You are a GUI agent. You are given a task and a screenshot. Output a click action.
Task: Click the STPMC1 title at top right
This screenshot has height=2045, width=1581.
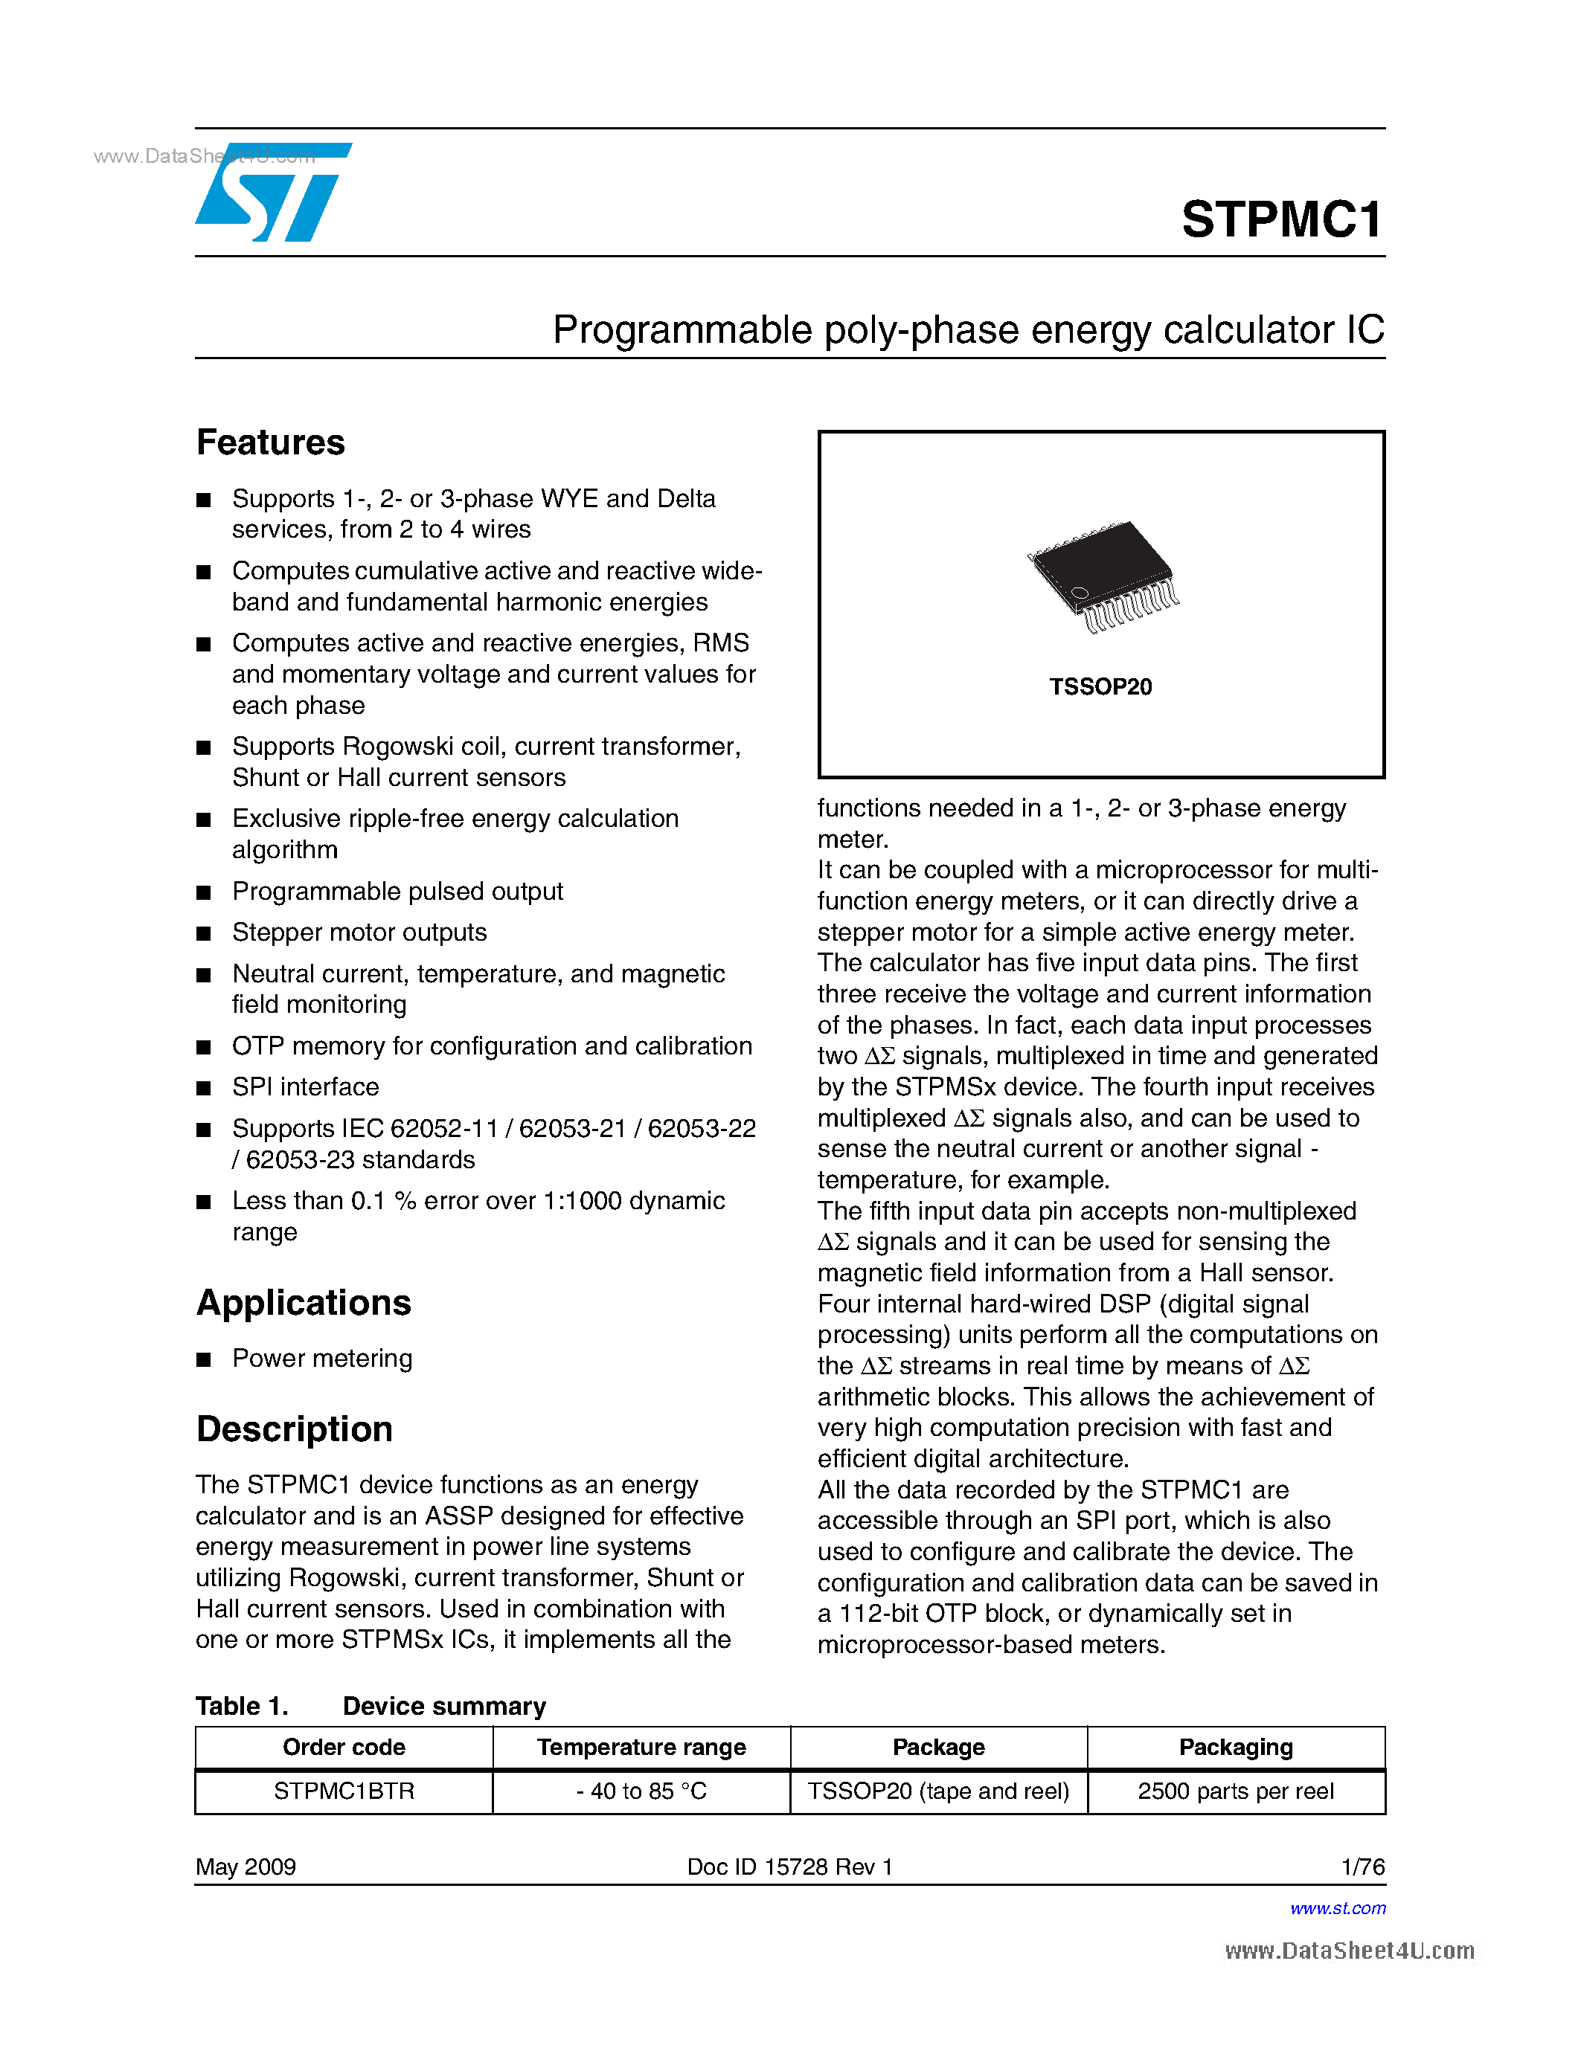1280,220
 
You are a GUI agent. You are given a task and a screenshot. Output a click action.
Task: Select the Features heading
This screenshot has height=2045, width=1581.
270,442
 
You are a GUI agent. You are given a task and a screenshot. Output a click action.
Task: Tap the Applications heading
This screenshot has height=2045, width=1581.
304,1302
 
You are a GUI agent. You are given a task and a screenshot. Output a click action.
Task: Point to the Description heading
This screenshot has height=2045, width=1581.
294,1429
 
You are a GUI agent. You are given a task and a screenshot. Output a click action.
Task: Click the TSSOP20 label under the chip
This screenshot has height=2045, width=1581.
1100,686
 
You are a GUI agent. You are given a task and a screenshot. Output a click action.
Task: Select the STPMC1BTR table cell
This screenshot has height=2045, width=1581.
344,1791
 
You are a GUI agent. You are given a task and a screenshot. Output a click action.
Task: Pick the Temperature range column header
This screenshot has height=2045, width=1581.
641,1748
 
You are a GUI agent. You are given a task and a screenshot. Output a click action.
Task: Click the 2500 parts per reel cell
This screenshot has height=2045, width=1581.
1235,1791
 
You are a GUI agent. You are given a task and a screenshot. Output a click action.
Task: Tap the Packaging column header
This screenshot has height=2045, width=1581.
1235,1748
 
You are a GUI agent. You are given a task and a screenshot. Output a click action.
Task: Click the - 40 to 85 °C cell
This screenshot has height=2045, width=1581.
641,1791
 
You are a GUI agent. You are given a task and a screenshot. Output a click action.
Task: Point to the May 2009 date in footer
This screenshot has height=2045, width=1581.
246,1867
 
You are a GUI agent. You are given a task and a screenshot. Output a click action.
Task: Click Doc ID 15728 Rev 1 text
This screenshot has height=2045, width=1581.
789,1867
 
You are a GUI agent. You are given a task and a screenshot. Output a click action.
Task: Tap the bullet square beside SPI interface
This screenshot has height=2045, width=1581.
203,1088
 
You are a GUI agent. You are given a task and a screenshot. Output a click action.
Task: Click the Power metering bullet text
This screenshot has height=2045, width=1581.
321,1359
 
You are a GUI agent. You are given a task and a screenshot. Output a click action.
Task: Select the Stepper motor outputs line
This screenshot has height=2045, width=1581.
359,933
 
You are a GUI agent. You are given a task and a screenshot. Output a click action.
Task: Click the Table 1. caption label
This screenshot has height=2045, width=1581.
242,1706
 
